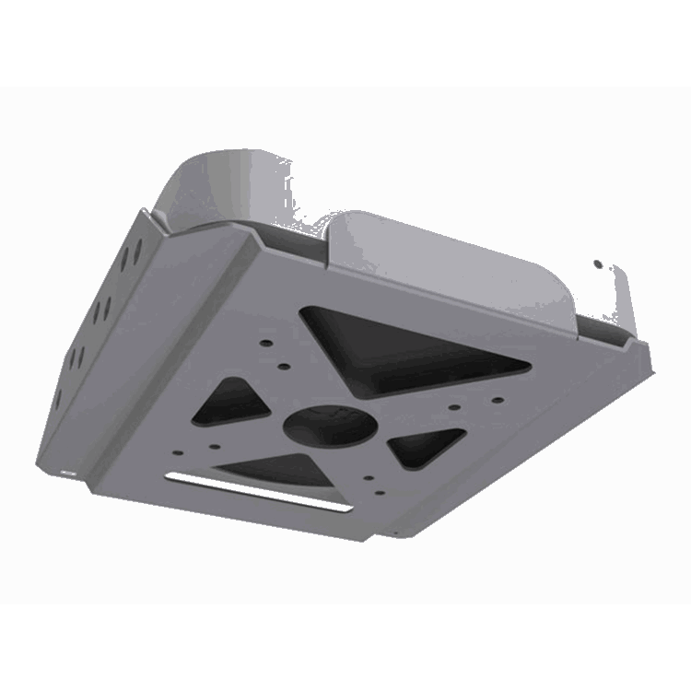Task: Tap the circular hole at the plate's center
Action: click(x=331, y=425)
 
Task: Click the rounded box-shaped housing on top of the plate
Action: click(x=451, y=267)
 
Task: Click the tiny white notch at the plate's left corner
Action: click(x=67, y=472)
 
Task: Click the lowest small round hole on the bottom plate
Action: click(x=369, y=479)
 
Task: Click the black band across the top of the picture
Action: click(x=345, y=41)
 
